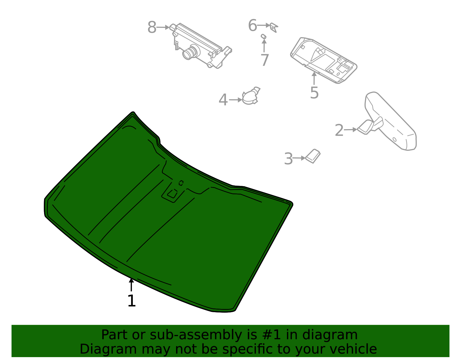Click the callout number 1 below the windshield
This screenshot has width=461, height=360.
point(131,301)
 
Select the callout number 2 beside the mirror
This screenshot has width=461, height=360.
point(339,130)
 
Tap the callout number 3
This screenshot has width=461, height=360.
point(288,159)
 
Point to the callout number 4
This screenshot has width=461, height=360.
point(223,100)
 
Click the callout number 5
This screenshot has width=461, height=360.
point(314,93)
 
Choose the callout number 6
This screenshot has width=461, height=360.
point(252,25)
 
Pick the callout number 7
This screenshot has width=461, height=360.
point(264,60)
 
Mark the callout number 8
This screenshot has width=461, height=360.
point(152,28)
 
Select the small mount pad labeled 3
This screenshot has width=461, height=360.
point(313,156)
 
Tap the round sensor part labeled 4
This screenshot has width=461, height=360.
point(250,97)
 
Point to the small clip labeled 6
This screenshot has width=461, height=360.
point(274,27)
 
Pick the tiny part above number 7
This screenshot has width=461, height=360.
point(263,36)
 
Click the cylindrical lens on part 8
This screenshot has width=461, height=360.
point(190,52)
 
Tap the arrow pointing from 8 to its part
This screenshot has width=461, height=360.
point(163,27)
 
